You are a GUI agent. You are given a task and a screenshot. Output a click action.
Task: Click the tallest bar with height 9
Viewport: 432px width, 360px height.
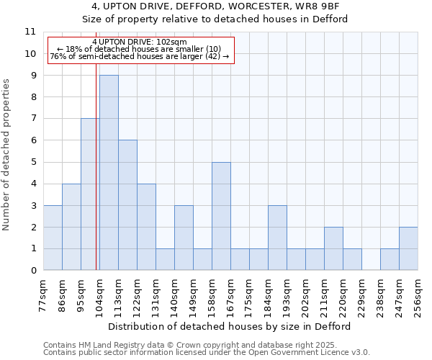coord(109,173)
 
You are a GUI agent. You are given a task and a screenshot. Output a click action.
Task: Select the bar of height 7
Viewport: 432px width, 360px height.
coord(89,194)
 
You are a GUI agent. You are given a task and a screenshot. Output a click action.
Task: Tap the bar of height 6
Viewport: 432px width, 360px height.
coord(127,205)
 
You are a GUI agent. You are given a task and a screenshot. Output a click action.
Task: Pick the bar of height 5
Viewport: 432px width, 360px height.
coord(221,216)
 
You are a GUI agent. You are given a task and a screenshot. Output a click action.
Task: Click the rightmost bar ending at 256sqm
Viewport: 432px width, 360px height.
coord(408,248)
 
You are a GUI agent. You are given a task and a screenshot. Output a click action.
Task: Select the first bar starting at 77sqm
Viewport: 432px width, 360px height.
coord(53,238)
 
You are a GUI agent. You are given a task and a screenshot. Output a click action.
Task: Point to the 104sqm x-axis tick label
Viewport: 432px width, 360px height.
coord(100,294)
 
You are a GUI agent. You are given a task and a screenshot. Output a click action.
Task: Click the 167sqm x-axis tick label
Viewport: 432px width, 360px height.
coord(231,294)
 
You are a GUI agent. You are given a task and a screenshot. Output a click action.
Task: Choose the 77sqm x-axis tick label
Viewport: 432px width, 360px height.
coord(44,294)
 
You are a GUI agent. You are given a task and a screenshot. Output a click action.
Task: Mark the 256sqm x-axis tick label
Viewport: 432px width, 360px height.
coord(418,294)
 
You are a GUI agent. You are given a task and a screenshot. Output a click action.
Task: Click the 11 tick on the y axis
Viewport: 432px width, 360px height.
coord(30,32)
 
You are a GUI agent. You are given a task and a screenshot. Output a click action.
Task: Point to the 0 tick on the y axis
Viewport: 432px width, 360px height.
coord(32,271)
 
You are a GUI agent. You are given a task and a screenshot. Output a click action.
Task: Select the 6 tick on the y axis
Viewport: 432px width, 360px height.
coord(32,140)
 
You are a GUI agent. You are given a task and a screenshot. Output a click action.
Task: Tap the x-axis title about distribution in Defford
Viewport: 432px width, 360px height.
coord(230,326)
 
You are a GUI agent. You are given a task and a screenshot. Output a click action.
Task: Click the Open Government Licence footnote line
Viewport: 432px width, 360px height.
coord(207,353)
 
